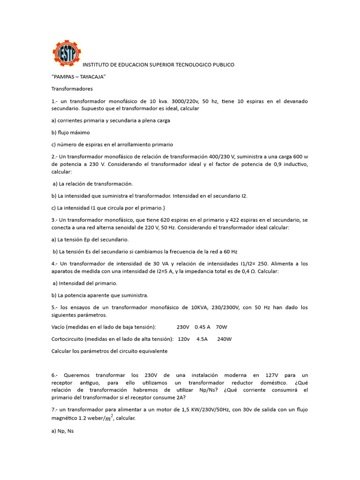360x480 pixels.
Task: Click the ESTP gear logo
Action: click(x=66, y=53)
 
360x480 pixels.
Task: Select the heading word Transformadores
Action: click(x=72, y=89)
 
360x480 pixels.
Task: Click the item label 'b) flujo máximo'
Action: click(x=70, y=133)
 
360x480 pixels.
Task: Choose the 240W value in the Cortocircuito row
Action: click(x=225, y=339)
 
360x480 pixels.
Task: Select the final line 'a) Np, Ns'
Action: click(x=62, y=429)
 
